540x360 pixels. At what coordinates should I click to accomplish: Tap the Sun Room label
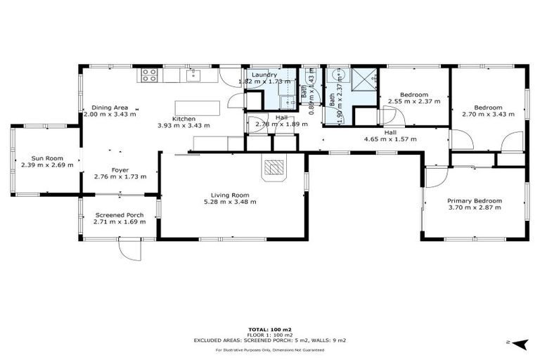[46, 158]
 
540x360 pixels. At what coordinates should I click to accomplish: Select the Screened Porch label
[120, 215]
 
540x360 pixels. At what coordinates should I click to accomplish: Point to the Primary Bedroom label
[475, 201]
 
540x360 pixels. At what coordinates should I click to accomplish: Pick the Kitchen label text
[184, 119]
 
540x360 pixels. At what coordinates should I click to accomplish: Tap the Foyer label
[120, 169]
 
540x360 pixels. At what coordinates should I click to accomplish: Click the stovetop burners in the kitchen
[149, 75]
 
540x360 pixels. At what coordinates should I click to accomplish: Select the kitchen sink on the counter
[193, 75]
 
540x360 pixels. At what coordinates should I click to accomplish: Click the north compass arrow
[520, 343]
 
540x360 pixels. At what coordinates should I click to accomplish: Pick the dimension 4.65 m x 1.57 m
[390, 139]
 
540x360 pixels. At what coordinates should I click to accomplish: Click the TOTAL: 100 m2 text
[270, 329]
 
